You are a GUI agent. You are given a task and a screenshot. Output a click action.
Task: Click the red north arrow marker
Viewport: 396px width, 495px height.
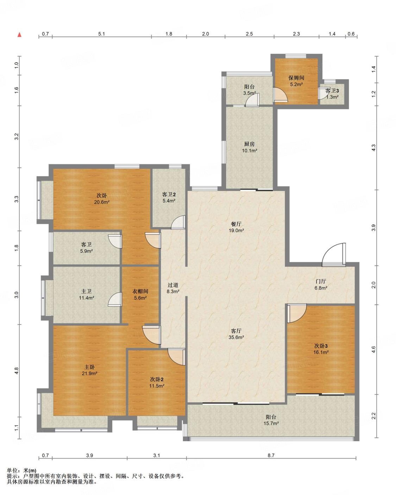pos(20,35)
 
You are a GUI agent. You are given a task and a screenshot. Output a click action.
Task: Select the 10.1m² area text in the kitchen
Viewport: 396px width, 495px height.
pos(250,151)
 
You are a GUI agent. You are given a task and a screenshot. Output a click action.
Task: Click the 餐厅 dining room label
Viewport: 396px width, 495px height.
pos(236,224)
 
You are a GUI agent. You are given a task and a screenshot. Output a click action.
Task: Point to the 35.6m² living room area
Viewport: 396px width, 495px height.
pos(236,337)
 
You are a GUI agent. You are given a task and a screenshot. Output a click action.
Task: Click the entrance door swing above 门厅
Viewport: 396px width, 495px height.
pos(334,255)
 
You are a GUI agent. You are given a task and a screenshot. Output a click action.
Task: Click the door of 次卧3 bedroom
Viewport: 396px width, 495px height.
pos(297,313)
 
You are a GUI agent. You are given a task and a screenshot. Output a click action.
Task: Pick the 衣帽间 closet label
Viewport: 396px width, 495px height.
pos(140,291)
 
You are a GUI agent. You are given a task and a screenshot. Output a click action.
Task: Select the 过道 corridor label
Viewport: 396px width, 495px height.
pos(173,285)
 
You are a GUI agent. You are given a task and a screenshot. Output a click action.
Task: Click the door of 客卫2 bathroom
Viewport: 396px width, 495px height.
pos(178,222)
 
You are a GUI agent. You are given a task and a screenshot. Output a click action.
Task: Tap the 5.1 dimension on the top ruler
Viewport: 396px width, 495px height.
pos(102,34)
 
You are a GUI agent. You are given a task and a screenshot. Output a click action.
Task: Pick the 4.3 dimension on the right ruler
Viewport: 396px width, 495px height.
pos(373,147)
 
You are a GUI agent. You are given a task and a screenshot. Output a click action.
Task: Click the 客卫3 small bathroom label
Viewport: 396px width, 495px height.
pos(332,90)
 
